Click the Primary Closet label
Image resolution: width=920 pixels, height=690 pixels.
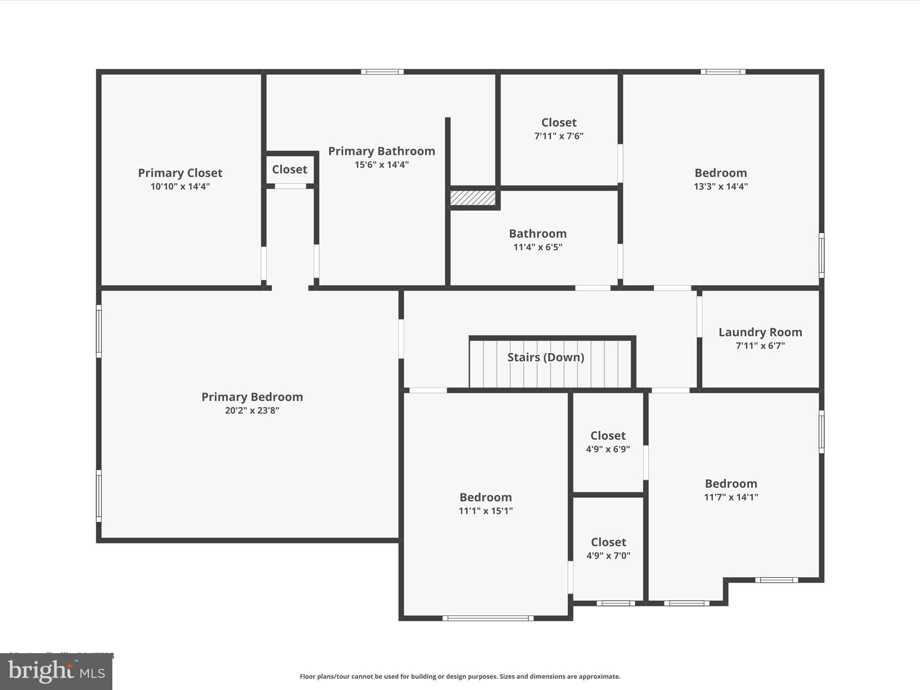(180, 173)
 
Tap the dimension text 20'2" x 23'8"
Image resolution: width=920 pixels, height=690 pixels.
(252, 410)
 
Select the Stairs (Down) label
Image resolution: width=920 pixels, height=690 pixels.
(545, 357)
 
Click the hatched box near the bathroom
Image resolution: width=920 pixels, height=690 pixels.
(473, 198)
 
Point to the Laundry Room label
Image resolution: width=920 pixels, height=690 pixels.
(760, 332)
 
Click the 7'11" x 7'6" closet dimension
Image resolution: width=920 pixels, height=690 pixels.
(558, 136)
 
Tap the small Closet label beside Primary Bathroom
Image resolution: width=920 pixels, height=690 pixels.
(289, 169)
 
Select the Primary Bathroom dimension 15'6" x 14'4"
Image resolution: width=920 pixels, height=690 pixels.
(381, 164)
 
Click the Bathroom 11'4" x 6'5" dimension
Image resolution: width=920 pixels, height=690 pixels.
(537, 247)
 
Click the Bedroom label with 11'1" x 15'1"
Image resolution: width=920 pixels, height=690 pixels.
(485, 497)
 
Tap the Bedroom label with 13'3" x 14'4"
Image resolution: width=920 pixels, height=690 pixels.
(721, 173)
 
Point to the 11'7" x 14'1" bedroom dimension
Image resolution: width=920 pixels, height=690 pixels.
(731, 497)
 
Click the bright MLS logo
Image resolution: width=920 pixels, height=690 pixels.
(56, 672)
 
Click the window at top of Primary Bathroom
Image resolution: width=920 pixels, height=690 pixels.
(382, 72)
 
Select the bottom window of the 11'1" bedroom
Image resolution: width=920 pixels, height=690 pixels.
(488, 619)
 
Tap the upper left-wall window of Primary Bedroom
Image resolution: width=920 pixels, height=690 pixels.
(99, 332)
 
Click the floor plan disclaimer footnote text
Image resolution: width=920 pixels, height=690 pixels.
(460, 677)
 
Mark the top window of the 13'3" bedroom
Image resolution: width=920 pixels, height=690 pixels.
(723, 72)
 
